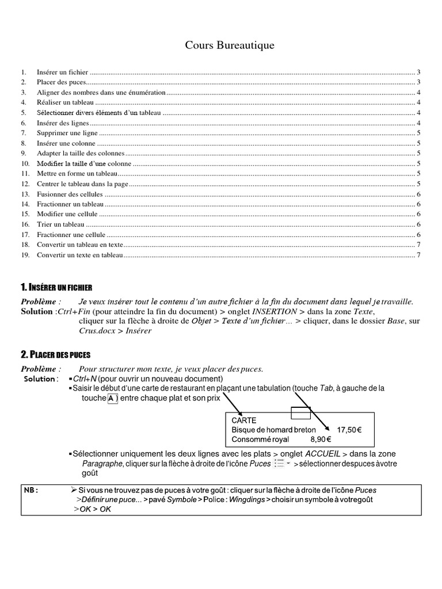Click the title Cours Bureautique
click(230, 45)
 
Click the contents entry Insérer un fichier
click(62, 72)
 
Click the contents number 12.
click(24, 184)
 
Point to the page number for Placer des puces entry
click(419, 82)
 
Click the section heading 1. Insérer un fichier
click(56, 287)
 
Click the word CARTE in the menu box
click(243, 420)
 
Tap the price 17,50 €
click(349, 430)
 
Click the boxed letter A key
click(112, 399)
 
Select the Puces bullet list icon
click(280, 463)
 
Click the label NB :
click(32, 489)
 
